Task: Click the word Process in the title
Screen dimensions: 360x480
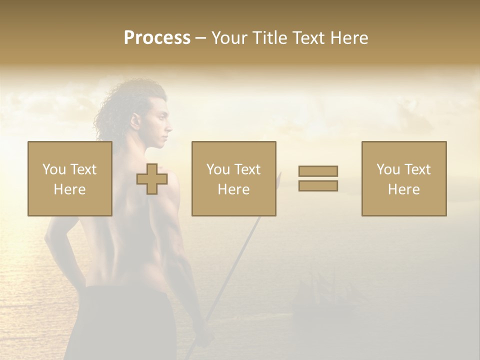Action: click(x=157, y=38)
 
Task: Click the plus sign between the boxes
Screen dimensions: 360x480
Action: click(x=152, y=179)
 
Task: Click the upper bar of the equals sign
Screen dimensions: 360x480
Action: click(x=318, y=171)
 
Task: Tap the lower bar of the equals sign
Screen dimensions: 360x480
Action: click(x=318, y=185)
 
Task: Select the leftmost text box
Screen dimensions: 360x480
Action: click(x=69, y=178)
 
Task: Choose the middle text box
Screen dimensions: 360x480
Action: click(x=233, y=178)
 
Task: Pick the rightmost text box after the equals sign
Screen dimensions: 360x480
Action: click(x=403, y=178)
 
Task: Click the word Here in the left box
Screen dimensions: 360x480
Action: click(x=69, y=189)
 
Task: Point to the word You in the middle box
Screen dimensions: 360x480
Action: click(x=218, y=169)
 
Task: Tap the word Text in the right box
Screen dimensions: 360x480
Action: click(x=416, y=169)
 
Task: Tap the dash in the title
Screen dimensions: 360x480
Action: click(x=201, y=38)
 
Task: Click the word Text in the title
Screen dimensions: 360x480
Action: click(x=305, y=38)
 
